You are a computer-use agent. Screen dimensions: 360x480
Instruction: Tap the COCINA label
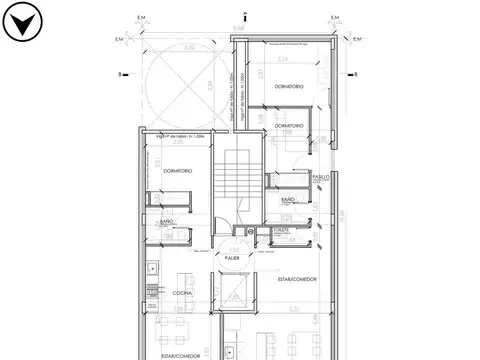181,293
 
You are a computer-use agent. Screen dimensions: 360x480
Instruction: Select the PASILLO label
320,177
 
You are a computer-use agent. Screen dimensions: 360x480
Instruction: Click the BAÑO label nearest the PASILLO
288,200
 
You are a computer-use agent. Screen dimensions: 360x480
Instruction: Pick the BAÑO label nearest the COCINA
167,221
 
